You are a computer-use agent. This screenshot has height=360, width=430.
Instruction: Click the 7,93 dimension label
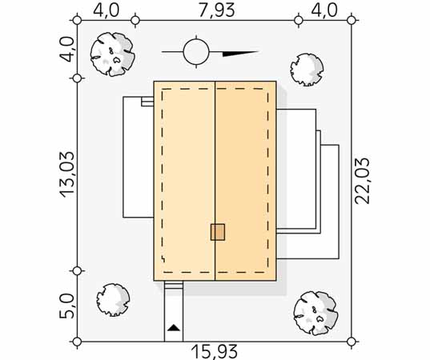click(217, 10)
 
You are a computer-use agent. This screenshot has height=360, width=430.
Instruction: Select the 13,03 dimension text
click(67, 174)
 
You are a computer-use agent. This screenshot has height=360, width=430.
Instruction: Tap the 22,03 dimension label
click(362, 181)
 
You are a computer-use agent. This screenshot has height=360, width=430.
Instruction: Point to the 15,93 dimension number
click(214, 352)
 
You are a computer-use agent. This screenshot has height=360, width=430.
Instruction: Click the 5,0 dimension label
click(67, 306)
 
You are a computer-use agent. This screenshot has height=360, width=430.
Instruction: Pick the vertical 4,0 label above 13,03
click(67, 50)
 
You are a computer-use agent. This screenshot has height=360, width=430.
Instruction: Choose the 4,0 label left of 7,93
click(106, 10)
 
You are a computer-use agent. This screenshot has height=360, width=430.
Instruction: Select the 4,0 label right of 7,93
click(324, 10)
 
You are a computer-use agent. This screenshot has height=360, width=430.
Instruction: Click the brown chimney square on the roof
click(218, 232)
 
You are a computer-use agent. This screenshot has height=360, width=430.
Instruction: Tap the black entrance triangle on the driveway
click(174, 327)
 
